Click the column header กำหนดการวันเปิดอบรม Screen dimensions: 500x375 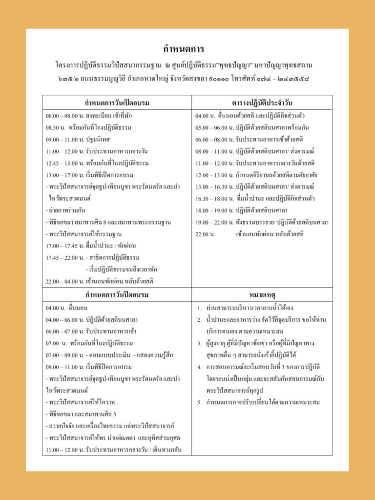117,103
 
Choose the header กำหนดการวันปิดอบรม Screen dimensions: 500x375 117,295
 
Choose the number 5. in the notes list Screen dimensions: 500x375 199,402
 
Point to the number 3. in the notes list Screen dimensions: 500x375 199,343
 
